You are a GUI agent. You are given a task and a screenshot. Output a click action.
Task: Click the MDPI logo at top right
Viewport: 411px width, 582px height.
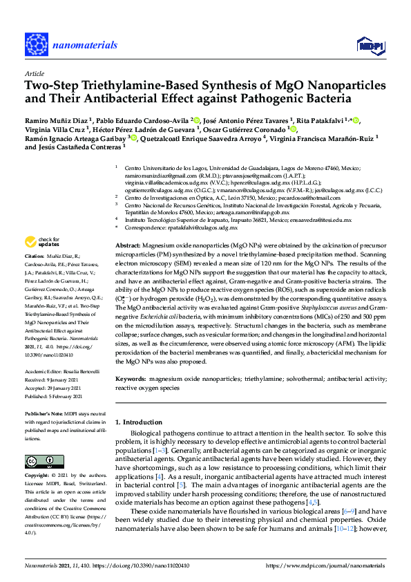click(x=370, y=45)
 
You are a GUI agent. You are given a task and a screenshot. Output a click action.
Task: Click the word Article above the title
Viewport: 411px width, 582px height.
click(x=34, y=73)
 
